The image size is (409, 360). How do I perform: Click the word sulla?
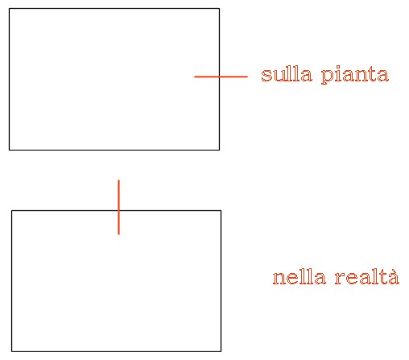(287, 74)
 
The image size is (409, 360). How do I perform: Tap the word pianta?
(355, 75)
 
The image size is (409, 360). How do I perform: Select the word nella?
(300, 277)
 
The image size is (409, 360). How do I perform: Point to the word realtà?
(367, 276)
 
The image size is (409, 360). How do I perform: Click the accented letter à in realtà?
(393, 276)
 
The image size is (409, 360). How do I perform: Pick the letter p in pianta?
(327, 77)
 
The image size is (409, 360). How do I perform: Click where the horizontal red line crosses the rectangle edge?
(219, 77)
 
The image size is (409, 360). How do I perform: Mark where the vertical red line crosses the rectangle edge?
(118, 211)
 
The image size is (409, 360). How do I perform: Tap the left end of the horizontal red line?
(195, 77)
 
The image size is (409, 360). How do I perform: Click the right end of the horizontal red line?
(247, 77)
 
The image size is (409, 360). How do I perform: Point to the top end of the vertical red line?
(118, 180)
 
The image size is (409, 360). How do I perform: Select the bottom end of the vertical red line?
(118, 234)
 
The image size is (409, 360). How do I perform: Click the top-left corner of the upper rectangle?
(10, 9)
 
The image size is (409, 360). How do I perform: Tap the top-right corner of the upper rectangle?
(219, 9)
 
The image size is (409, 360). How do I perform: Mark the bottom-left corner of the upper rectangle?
(10, 150)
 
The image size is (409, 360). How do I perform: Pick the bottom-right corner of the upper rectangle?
(219, 150)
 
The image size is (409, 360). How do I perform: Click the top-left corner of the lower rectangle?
(11, 211)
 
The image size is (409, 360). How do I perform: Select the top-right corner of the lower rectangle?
(221, 211)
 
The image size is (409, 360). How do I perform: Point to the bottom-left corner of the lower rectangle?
(11, 351)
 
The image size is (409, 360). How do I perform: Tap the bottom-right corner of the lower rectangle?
(221, 351)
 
